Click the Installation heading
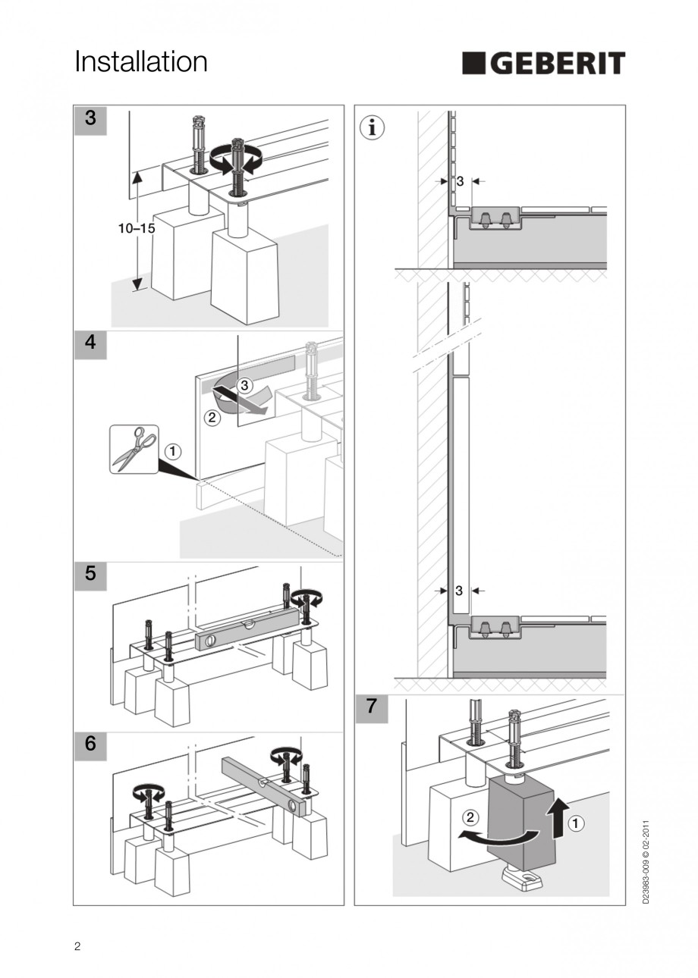point(141,61)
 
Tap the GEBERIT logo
point(543,63)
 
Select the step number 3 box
point(90,119)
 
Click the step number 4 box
point(90,343)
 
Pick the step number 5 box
point(90,574)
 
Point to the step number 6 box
point(90,744)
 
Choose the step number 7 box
point(371,707)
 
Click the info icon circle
point(372,127)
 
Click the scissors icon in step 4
point(134,449)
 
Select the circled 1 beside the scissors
point(173,452)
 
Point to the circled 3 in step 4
point(244,385)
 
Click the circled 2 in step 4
point(212,417)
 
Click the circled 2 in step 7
point(470,817)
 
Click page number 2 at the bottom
point(77,945)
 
